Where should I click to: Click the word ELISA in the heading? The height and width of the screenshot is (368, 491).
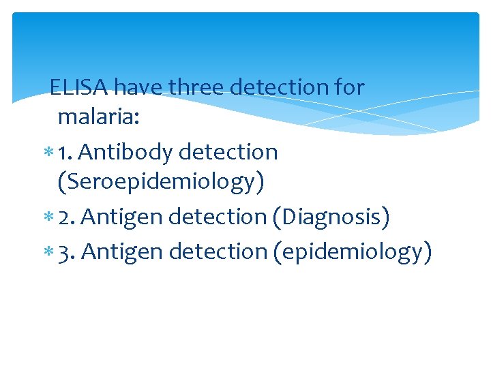(79, 87)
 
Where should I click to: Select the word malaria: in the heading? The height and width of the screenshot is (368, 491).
(99, 117)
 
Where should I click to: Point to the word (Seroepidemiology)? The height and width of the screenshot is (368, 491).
(161, 182)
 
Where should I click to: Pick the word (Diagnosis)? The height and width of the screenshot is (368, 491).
(331, 217)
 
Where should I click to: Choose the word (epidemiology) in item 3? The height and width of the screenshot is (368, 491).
(352, 252)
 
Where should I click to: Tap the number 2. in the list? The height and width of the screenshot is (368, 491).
(69, 217)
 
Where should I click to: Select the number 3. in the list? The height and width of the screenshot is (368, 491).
(69, 252)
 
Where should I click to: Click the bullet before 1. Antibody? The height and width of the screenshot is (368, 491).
(49, 153)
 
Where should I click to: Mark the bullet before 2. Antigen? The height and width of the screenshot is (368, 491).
(49, 217)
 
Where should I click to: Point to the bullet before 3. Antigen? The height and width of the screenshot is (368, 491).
(49, 253)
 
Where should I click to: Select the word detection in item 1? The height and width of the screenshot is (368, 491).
(228, 152)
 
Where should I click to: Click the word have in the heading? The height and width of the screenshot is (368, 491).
(138, 87)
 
